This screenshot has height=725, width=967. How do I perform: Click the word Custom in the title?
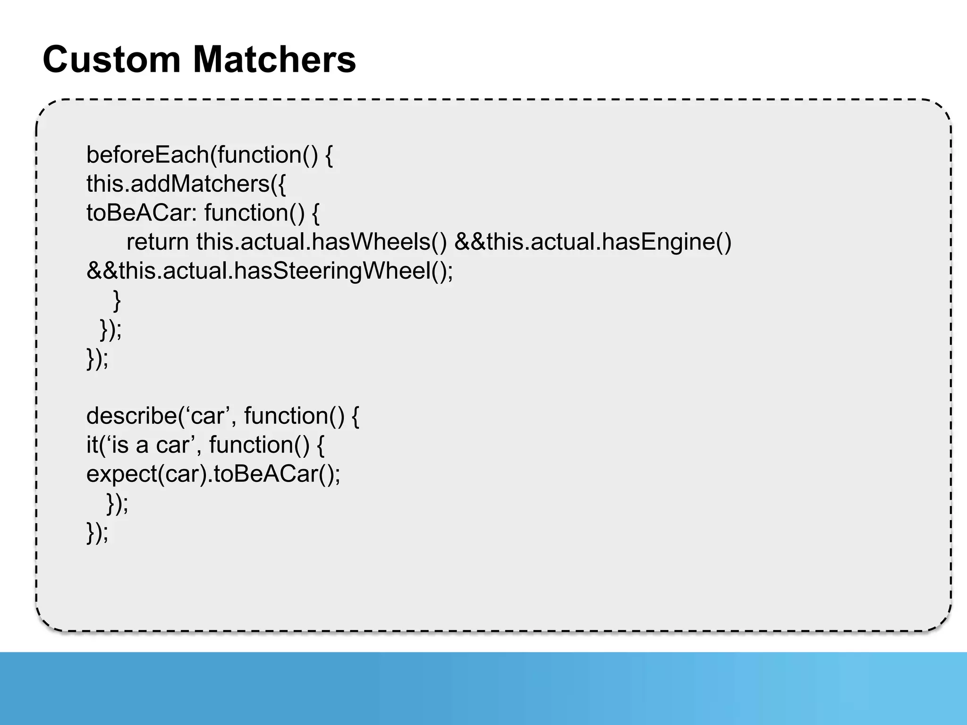[111, 59]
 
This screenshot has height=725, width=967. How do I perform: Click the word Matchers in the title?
[274, 59]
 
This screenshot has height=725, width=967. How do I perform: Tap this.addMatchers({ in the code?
[186, 184]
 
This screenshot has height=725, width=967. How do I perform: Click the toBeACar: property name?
[141, 213]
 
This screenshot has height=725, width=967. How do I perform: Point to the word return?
[157, 242]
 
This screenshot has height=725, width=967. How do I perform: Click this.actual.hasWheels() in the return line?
[321, 242]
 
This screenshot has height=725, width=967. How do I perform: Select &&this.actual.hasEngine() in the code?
[593, 242]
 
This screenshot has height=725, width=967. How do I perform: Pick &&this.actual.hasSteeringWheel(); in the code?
[270, 271]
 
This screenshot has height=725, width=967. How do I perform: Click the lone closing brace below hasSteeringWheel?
[117, 300]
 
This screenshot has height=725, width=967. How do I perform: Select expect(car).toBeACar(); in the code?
[213, 474]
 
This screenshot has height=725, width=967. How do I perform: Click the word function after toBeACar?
[255, 213]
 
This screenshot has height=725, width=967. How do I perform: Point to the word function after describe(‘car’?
[294, 416]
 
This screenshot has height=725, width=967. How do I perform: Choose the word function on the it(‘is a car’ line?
[259, 445]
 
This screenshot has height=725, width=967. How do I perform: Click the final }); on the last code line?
[97, 532]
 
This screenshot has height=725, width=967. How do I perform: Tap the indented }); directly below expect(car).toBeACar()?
[117, 503]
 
